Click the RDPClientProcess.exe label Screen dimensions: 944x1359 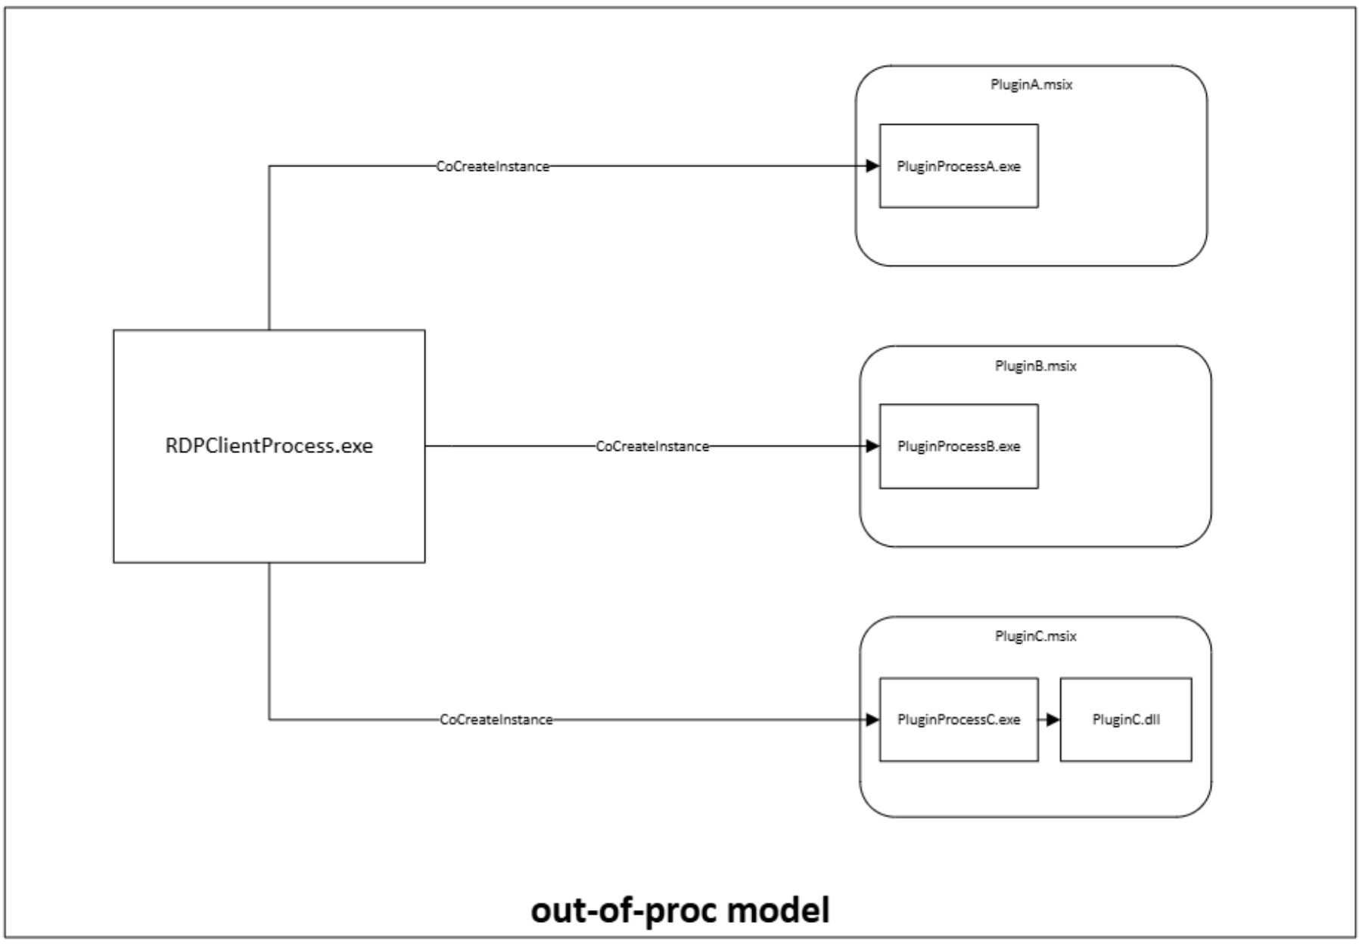(x=269, y=446)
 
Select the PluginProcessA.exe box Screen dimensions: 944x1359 (x=958, y=166)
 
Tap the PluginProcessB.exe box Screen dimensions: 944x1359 (x=958, y=446)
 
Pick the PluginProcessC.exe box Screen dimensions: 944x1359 (x=958, y=719)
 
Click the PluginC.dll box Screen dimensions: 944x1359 (x=1125, y=719)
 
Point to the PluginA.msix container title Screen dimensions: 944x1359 (x=1031, y=85)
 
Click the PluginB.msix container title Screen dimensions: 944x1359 (x=1034, y=366)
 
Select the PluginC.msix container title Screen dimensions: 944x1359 (x=1034, y=636)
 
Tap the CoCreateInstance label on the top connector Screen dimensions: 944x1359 (x=493, y=166)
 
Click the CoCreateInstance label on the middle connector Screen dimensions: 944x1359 (x=652, y=446)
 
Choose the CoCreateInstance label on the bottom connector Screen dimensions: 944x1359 (x=496, y=719)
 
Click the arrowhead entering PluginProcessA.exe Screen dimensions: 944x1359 (x=872, y=166)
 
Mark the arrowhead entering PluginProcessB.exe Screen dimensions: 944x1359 (x=872, y=446)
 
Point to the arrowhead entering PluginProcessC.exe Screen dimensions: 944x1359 (x=872, y=719)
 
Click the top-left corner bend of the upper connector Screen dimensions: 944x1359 (x=269, y=166)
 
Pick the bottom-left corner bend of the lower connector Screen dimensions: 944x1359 (x=269, y=719)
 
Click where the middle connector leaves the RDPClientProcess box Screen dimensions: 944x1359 (x=425, y=446)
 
